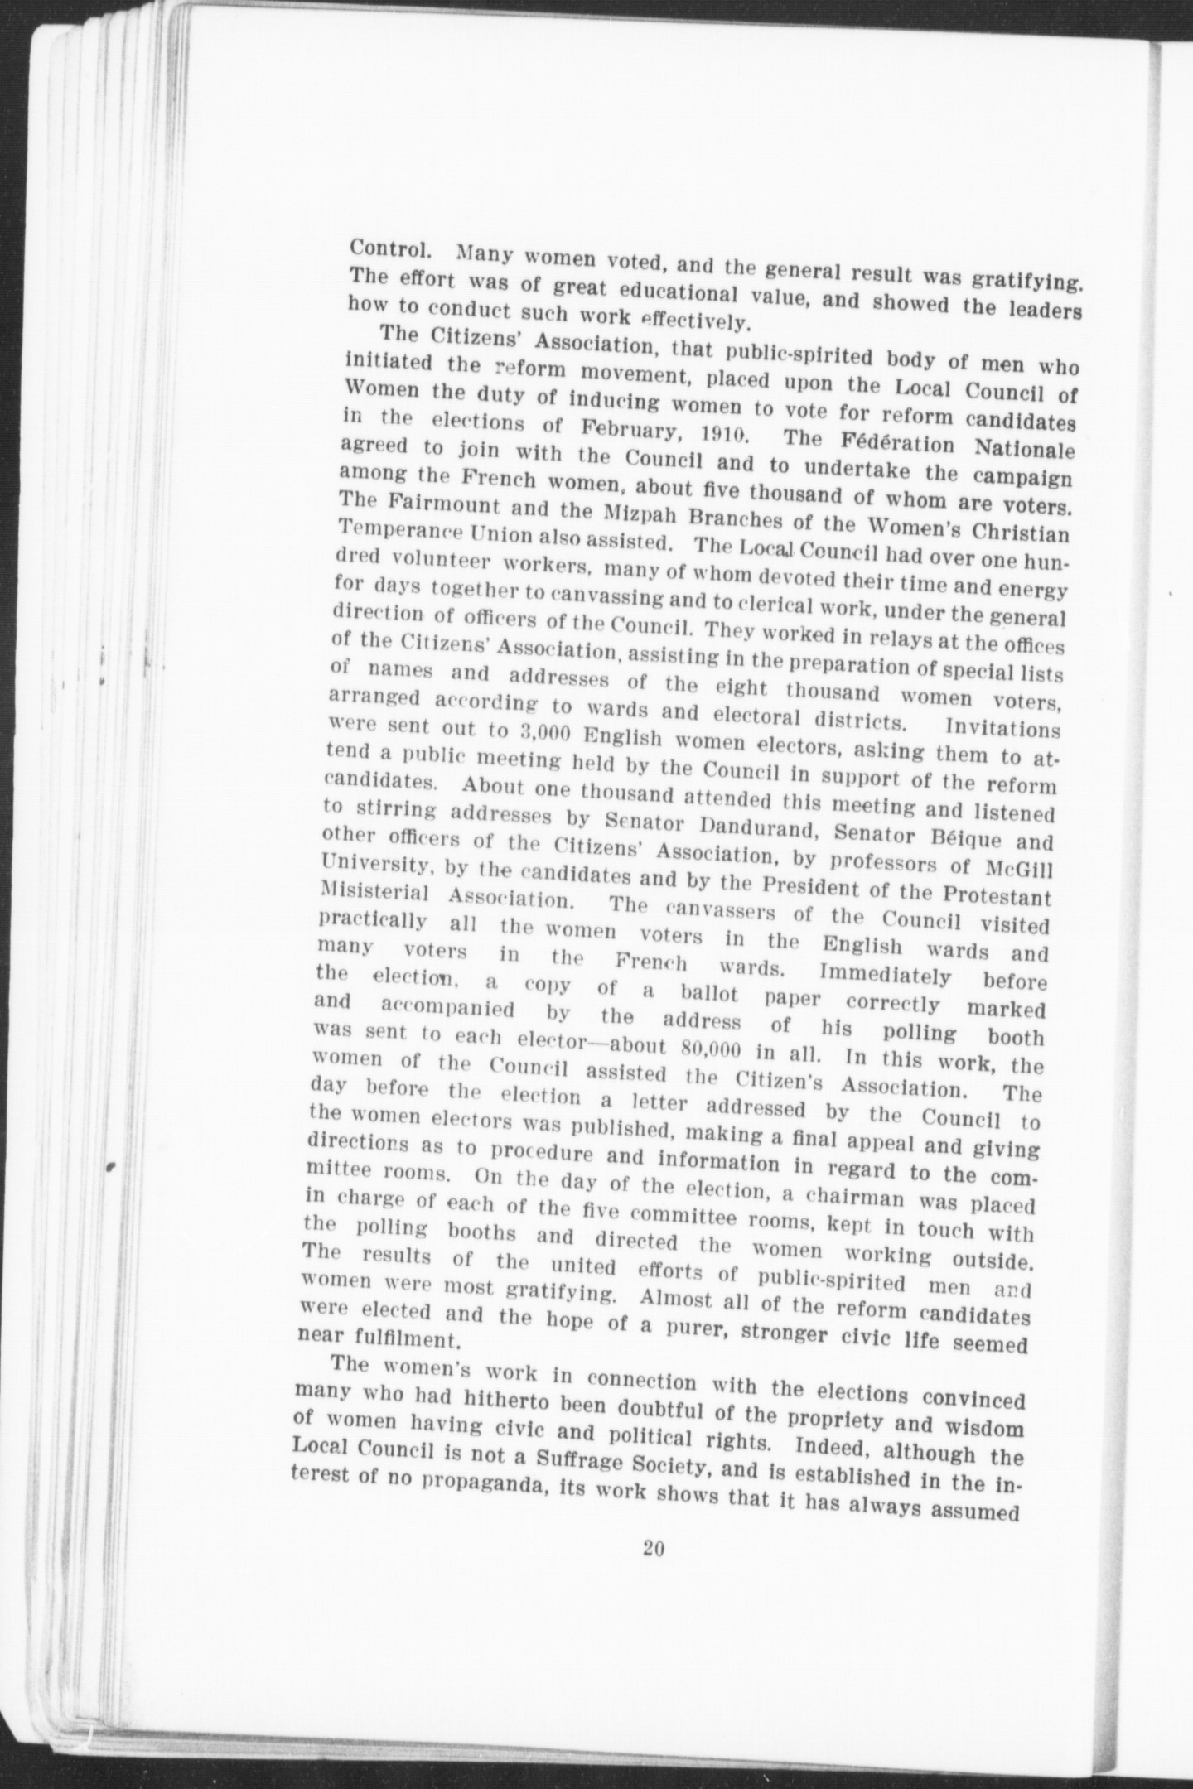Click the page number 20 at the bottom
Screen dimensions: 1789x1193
(x=654, y=1549)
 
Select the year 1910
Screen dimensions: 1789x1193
(x=717, y=432)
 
